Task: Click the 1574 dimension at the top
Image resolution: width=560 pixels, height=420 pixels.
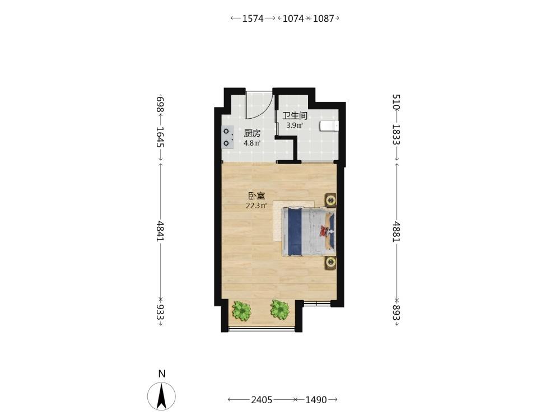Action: click(x=253, y=18)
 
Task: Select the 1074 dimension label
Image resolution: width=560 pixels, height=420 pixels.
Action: click(x=293, y=18)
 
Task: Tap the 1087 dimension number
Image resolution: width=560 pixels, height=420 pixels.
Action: click(x=323, y=18)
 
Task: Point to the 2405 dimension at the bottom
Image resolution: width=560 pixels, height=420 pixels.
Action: click(x=262, y=400)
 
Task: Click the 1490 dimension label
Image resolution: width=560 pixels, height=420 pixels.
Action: click(x=316, y=400)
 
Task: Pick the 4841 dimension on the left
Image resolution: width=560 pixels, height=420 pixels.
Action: click(x=160, y=231)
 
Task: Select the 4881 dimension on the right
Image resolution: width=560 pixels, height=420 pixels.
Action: click(x=396, y=231)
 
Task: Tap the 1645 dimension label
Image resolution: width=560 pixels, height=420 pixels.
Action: click(x=160, y=137)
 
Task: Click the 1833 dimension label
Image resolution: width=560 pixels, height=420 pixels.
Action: click(x=396, y=134)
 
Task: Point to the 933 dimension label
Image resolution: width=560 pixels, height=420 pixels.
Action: click(x=160, y=312)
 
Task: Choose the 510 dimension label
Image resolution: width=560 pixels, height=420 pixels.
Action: click(x=396, y=102)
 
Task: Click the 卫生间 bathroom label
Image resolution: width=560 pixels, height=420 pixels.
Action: click(x=295, y=116)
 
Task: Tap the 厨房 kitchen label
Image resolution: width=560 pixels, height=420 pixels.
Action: click(x=252, y=134)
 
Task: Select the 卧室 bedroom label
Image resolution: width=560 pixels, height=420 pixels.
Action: click(x=257, y=195)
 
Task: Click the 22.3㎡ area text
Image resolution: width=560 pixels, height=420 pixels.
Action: click(x=256, y=206)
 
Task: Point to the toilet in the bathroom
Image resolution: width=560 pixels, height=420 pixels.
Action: click(x=329, y=126)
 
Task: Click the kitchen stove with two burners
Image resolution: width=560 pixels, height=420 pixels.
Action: click(x=227, y=137)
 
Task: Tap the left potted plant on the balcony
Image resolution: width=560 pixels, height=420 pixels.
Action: click(x=241, y=310)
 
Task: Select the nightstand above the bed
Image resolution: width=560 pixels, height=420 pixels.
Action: click(x=331, y=200)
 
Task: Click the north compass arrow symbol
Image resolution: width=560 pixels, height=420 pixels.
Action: click(x=161, y=396)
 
